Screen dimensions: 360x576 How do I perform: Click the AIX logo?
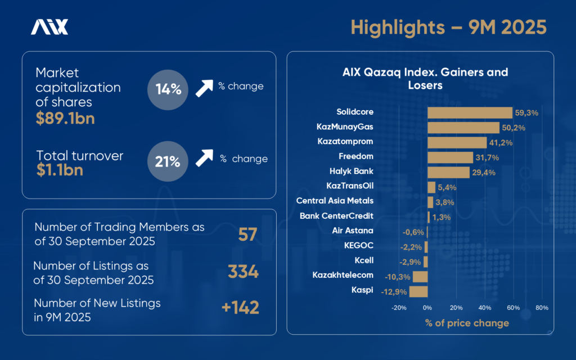(x=49, y=27)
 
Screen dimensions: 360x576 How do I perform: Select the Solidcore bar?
(x=470, y=112)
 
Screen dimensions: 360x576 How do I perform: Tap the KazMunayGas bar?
(x=463, y=128)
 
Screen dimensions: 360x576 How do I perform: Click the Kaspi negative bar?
(x=418, y=291)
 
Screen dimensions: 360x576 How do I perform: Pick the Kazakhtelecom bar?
(x=420, y=276)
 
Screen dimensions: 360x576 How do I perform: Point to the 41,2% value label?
(x=501, y=143)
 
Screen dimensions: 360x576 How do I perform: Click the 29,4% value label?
(x=483, y=173)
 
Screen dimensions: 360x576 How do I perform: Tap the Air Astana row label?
(x=353, y=231)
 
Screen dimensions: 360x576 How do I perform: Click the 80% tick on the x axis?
(x=542, y=308)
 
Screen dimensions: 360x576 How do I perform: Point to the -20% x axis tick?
(x=398, y=308)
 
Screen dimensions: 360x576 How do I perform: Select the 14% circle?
(x=167, y=89)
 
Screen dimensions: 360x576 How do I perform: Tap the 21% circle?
(x=167, y=162)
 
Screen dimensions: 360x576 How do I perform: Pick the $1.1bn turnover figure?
(x=59, y=169)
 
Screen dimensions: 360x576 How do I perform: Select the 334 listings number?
(x=243, y=272)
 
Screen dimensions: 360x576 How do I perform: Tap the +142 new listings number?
(x=240, y=308)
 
